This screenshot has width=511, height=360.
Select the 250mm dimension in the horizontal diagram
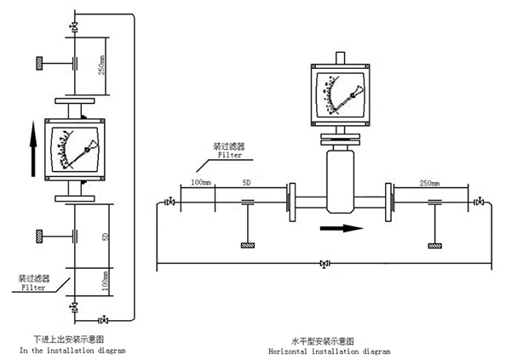(x=430, y=183)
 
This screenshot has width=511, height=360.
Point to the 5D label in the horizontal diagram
(x=246, y=183)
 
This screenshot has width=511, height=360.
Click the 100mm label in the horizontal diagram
(x=200, y=183)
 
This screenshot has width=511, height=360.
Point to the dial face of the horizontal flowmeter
(x=338, y=93)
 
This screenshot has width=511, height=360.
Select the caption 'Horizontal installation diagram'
(x=328, y=351)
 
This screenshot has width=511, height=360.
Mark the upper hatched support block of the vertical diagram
(x=40, y=62)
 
